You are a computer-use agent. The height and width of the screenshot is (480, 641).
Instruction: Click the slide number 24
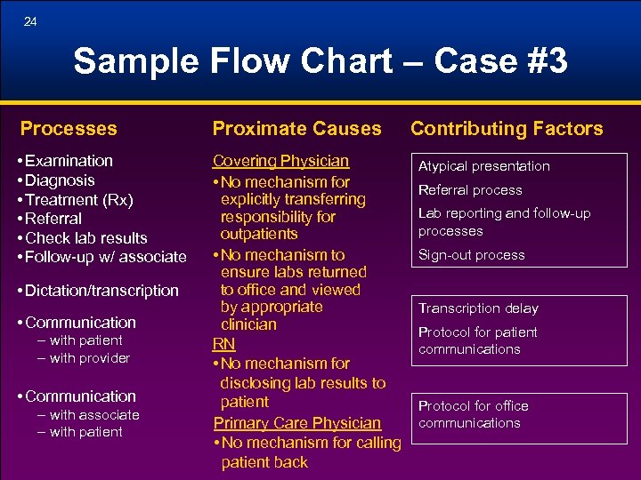coord(31,21)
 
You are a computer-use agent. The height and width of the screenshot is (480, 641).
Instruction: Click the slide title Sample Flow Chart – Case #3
coord(320,61)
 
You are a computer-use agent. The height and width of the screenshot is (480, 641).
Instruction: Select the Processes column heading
coord(69,129)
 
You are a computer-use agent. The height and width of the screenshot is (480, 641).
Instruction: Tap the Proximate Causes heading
coord(296,129)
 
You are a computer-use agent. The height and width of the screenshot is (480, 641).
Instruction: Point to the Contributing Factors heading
coord(507,129)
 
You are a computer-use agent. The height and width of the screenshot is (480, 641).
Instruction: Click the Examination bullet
coord(69,161)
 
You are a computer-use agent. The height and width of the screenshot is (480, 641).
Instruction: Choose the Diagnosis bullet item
coord(61,180)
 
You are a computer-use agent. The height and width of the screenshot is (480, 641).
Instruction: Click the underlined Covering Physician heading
coord(280,161)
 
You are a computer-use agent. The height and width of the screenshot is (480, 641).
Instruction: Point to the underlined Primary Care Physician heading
coord(296,423)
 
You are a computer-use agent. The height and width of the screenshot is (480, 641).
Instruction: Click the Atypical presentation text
coord(484,166)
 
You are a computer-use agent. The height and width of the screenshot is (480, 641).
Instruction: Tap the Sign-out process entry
coord(471,255)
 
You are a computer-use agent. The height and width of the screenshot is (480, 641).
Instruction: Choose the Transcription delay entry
coord(478,308)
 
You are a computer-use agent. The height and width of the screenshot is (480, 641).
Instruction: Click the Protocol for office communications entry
coord(474,414)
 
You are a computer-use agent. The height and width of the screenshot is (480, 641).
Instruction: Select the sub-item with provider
coord(89,358)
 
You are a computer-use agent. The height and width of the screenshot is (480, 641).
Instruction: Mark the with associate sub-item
coord(94,415)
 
